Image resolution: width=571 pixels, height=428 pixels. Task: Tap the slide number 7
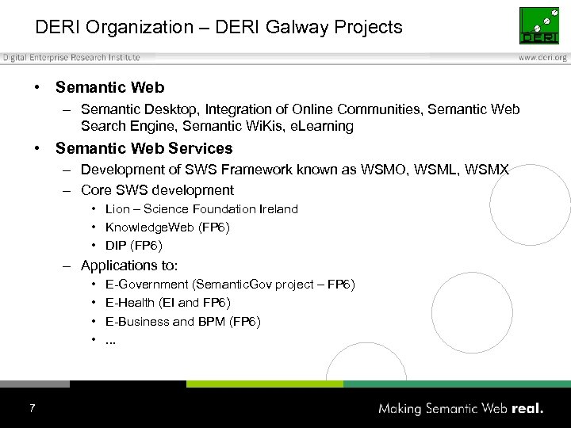click(32, 408)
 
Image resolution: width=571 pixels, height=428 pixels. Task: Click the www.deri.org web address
click(543, 58)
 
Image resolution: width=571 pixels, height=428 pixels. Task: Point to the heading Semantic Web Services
click(144, 148)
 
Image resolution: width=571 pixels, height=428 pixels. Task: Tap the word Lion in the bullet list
click(117, 209)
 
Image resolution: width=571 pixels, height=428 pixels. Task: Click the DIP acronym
click(117, 246)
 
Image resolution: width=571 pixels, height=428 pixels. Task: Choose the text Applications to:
click(129, 266)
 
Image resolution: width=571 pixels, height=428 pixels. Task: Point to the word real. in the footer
click(527, 409)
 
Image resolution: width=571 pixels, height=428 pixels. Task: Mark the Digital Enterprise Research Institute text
click(71, 58)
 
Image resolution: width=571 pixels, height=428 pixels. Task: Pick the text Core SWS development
click(157, 190)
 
